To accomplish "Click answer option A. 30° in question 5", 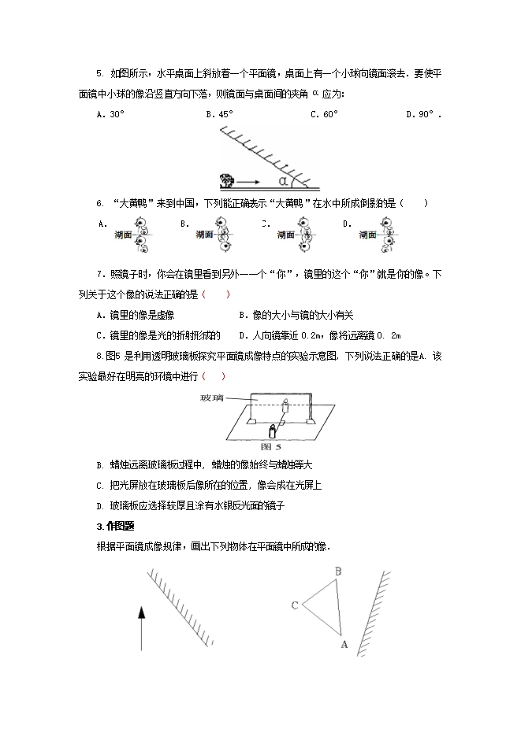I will point(110,114).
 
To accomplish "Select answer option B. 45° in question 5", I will point(220,114).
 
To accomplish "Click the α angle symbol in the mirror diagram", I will point(283,181).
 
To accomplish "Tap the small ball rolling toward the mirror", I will point(229,181).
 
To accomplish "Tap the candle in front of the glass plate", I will point(274,431).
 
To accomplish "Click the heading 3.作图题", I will point(116,526).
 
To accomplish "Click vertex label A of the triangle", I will point(343,642).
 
